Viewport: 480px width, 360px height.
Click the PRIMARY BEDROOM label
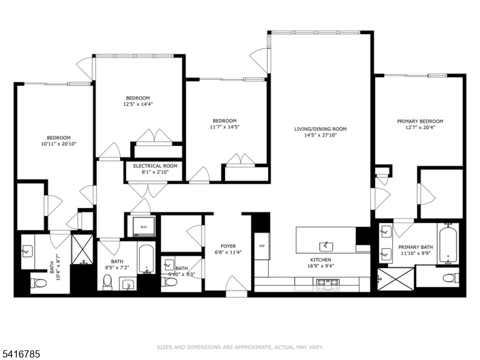419,121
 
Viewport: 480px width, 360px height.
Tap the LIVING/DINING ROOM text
320,129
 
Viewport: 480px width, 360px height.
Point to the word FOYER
227,246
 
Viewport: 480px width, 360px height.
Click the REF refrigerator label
262,246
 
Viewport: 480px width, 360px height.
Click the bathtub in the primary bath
448,244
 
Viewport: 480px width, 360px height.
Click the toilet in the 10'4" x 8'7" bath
39,283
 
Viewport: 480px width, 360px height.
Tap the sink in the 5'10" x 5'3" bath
169,264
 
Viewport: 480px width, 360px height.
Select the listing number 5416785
22,355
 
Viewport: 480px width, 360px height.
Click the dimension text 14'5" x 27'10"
320,136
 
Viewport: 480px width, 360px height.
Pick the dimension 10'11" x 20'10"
59,144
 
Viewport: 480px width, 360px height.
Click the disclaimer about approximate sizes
240,347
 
